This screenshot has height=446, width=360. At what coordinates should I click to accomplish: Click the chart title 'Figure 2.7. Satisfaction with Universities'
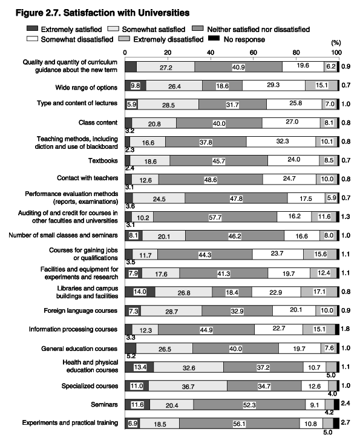point(102,13)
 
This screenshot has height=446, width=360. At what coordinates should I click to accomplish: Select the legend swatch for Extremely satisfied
point(32,28)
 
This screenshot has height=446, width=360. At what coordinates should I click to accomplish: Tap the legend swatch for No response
point(214,38)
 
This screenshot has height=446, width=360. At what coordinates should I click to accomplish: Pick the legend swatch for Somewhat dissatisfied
point(32,38)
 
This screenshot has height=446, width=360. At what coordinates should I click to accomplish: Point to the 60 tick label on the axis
point(253,52)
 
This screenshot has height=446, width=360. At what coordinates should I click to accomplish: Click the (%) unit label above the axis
point(336,43)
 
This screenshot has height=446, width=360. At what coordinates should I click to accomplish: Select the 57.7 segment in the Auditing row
point(215,217)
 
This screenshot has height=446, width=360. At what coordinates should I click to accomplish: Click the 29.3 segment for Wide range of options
point(274,85)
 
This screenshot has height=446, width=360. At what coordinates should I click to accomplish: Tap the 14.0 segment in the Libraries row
point(140,292)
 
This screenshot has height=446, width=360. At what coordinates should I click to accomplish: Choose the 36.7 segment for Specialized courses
point(188,385)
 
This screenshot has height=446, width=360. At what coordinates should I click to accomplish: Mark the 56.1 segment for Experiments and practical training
point(240,423)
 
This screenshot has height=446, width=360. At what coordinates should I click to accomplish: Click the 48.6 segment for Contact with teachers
point(211,179)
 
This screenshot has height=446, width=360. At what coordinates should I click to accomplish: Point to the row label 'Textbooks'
point(103,161)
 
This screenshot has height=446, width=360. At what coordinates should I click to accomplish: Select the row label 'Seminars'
point(104,404)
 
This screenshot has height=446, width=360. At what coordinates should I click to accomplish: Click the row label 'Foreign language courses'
point(80,310)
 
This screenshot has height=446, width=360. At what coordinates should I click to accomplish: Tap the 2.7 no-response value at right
point(345,422)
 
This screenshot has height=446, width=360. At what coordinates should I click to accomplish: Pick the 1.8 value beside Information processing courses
point(345,329)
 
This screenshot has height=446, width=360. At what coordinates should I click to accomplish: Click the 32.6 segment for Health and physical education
point(189,367)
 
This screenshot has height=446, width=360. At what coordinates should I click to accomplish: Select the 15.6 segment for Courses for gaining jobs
point(320,254)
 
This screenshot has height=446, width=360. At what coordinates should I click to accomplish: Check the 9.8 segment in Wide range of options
point(136,85)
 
